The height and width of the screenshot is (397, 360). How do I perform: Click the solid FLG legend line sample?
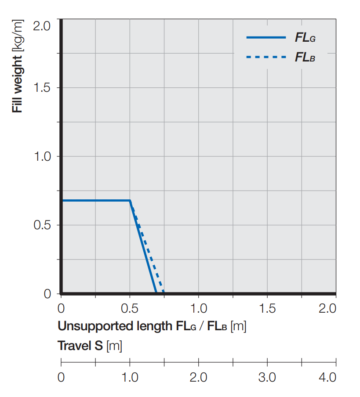[266, 38]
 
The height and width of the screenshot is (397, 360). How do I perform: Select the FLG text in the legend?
[305, 38]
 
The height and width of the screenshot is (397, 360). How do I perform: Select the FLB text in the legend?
[305, 58]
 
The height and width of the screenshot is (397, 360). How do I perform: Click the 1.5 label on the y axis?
[42, 88]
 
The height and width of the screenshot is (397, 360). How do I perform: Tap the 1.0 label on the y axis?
[42, 156]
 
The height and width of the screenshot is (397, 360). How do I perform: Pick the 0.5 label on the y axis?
[42, 225]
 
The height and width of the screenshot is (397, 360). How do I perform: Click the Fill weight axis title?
[18, 66]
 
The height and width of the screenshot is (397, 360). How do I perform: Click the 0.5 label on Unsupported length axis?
[130, 308]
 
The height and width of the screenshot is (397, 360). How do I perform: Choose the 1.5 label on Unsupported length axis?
[267, 308]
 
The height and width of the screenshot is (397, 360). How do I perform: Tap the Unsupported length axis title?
[151, 326]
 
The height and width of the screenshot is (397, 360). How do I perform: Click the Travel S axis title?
[90, 346]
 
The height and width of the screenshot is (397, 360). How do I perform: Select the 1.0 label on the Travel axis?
[130, 378]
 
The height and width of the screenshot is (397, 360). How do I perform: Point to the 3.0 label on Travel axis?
[267, 378]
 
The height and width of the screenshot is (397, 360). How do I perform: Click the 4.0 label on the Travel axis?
[327, 378]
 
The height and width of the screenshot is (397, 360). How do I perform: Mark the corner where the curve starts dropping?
[130, 201]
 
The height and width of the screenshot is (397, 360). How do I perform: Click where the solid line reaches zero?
[156, 292]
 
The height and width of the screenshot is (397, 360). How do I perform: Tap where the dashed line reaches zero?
[164, 292]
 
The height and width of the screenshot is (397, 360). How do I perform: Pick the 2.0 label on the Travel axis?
[199, 378]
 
